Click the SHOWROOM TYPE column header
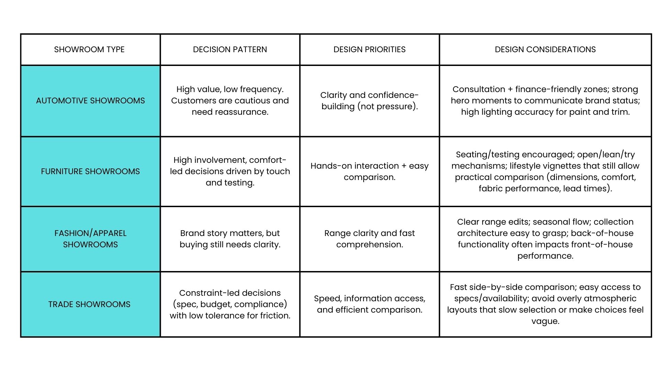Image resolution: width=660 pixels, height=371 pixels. [89, 49]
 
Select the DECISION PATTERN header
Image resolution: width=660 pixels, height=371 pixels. [230, 49]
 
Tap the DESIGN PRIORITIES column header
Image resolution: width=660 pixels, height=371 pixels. [370, 49]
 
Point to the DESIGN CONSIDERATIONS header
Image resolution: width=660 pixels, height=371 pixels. [545, 49]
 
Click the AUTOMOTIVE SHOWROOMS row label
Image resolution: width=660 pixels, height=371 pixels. [90, 101]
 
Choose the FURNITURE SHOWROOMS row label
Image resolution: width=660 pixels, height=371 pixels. [90, 171]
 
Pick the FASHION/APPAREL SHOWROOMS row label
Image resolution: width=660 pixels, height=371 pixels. [90, 239]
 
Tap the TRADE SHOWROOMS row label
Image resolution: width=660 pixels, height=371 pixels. [89, 304]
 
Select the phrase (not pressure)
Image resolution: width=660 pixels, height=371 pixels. [387, 106]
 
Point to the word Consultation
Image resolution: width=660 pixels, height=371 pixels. [478, 89]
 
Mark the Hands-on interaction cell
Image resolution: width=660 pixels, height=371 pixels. [370, 171]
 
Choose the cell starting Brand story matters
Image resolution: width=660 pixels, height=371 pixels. [230, 239]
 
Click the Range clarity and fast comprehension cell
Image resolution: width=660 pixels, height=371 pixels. [370, 239]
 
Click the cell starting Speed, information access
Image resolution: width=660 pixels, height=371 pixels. [370, 304]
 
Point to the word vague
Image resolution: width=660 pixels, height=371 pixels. [545, 321]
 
